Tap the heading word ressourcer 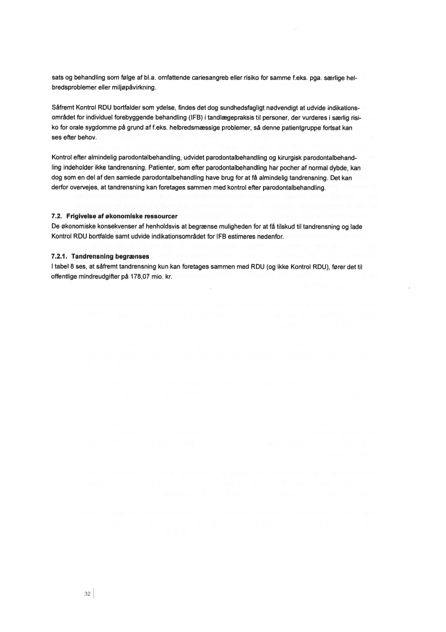pyautogui.click(x=154, y=216)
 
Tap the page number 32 pyautogui.click(x=87, y=593)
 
